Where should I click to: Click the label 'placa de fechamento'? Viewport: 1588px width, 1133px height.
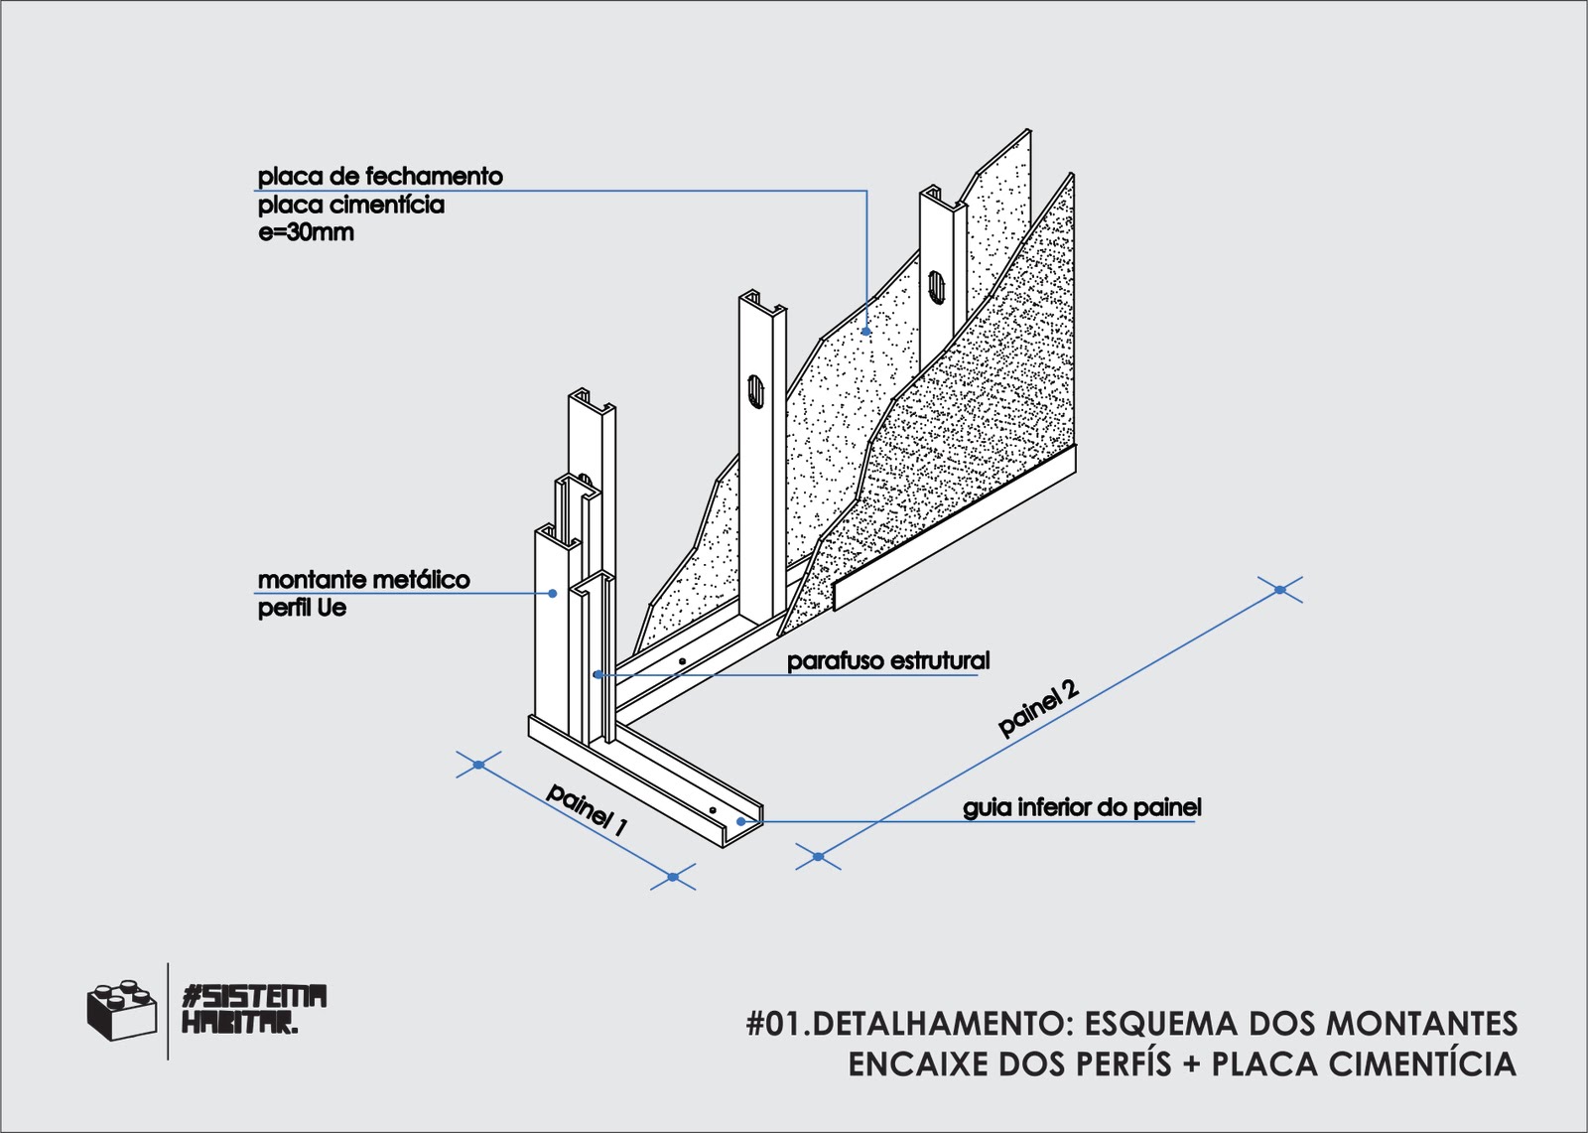(380, 177)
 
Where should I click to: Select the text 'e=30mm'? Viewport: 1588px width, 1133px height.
(306, 234)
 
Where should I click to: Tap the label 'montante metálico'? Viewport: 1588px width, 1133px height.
(363, 580)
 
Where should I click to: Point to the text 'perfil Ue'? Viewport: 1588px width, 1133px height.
(302, 608)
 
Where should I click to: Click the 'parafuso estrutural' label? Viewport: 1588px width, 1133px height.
(888, 661)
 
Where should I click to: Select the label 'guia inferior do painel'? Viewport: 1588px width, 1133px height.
(1082, 808)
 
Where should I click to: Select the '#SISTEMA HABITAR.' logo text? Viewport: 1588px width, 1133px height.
(255, 1009)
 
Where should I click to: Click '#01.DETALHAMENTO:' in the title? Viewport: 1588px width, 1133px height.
(906, 1023)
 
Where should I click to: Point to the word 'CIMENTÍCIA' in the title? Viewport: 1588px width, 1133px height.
(1422, 1064)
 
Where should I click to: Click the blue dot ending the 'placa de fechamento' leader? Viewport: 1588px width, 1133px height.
(867, 332)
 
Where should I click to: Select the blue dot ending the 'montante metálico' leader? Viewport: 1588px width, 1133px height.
(554, 594)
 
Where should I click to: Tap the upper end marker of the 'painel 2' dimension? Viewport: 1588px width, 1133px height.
(1280, 590)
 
